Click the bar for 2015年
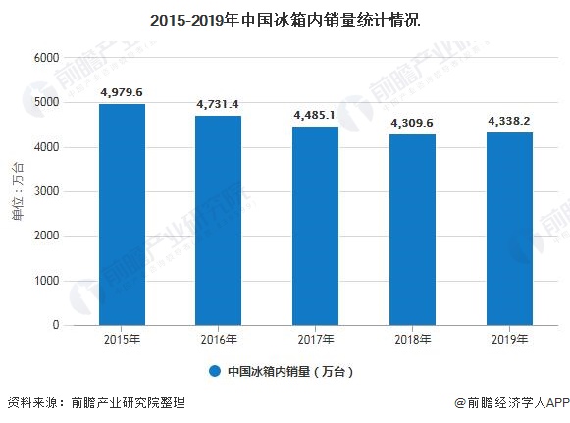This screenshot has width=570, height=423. click(122, 214)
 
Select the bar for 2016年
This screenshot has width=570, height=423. click(218, 220)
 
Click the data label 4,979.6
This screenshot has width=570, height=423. click(122, 92)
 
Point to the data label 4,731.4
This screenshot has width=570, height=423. click(218, 103)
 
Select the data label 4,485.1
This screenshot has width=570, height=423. click(315, 115)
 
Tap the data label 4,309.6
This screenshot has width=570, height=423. click(412, 123)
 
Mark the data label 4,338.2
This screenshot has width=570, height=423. click(508, 121)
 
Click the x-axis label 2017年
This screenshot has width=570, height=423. click(315, 340)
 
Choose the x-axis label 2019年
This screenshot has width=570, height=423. click(508, 340)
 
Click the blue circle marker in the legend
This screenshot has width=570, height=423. click(213, 372)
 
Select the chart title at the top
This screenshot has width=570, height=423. click(285, 19)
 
